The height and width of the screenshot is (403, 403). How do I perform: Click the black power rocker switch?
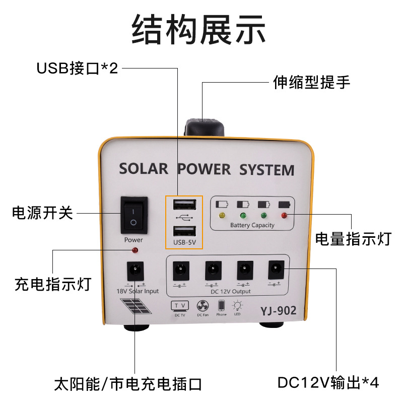tap(133, 215)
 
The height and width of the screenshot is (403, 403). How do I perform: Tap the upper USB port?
tap(184, 205)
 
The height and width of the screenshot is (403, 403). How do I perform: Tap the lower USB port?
tap(184, 232)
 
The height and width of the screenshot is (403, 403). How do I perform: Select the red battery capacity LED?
tap(284, 216)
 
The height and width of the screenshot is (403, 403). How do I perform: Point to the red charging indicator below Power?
tap(135, 250)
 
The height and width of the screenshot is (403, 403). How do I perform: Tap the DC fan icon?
tap(203, 306)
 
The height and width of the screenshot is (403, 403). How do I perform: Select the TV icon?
tap(180, 306)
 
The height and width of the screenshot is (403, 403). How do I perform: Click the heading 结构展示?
tap(198, 29)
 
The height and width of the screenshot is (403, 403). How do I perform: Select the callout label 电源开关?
tap(43, 213)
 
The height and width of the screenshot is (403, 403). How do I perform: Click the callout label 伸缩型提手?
tap(311, 82)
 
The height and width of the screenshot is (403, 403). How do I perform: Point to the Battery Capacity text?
tap(252, 225)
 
